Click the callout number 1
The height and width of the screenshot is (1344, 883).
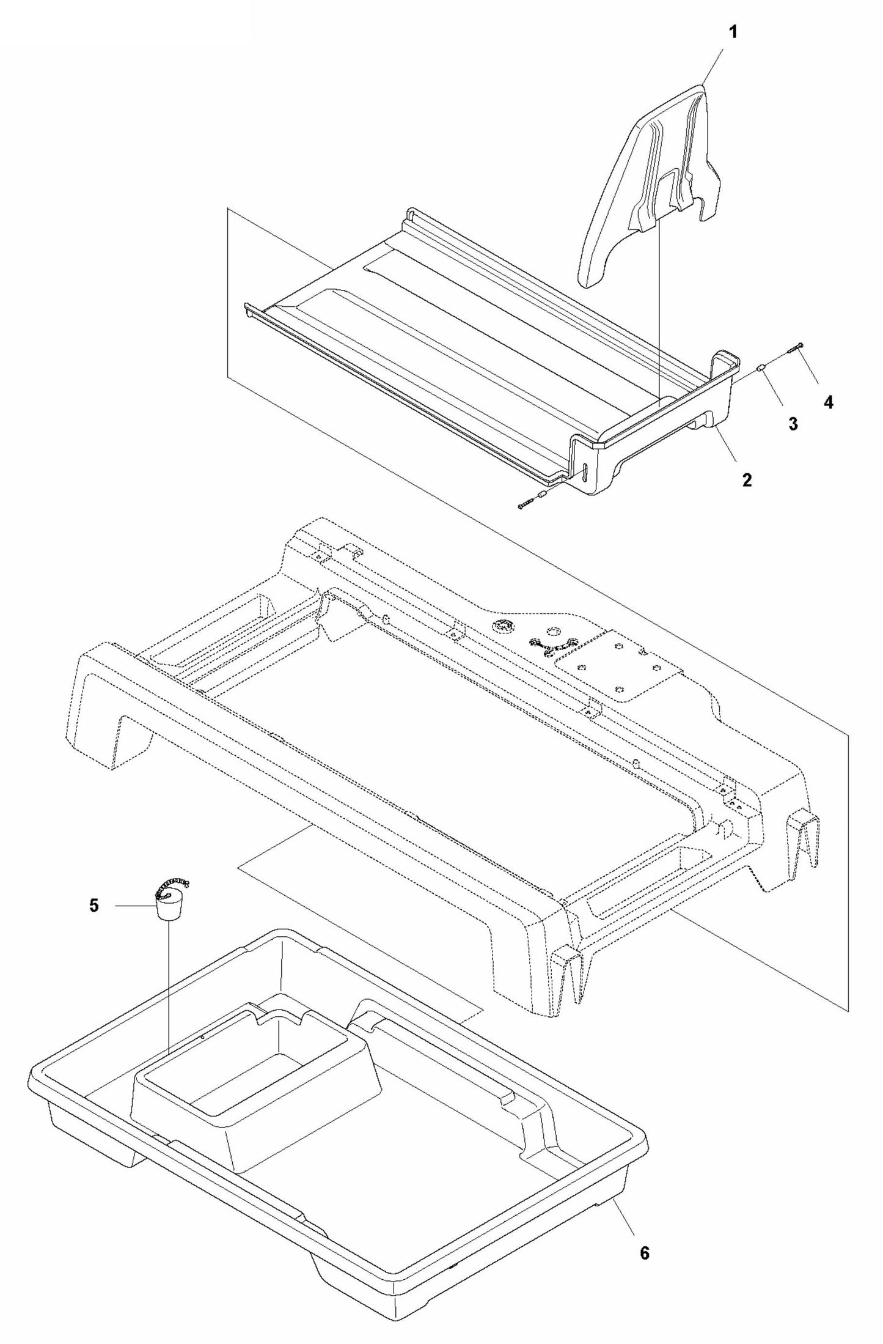coord(733,32)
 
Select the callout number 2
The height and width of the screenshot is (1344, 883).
coord(747,479)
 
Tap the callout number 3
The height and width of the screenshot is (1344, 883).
coord(793,424)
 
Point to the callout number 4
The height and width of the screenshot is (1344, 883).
coord(829,402)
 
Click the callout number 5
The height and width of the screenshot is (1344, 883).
coord(93,905)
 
